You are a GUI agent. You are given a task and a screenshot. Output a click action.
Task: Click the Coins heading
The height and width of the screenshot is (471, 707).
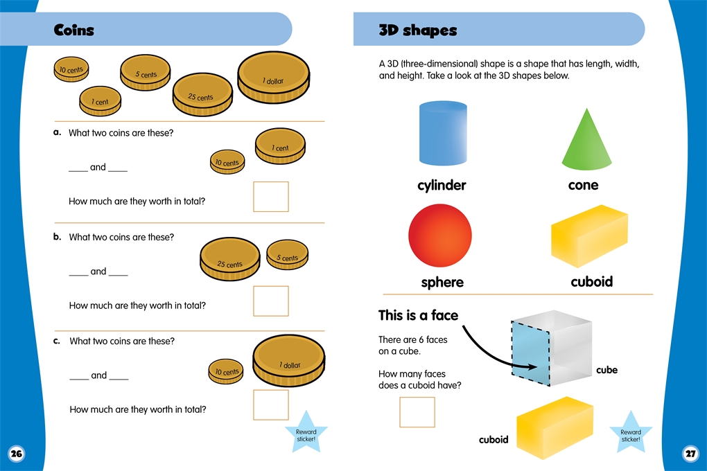[x=74, y=30]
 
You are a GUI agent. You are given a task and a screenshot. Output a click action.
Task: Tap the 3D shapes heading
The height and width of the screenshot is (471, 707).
[x=417, y=30]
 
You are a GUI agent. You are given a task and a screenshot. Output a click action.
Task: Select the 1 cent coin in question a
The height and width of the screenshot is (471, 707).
[x=281, y=146]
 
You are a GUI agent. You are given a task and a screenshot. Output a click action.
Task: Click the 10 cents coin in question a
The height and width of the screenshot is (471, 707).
[x=227, y=162]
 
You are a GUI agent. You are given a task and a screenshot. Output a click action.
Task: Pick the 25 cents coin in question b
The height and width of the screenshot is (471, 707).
[x=230, y=259]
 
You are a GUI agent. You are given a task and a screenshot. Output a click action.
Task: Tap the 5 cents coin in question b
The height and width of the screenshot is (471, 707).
[x=288, y=255]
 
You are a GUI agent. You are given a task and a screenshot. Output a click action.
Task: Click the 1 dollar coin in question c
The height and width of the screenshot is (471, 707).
[x=288, y=363]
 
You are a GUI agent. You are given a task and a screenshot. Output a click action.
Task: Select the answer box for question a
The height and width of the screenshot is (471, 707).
[x=271, y=197]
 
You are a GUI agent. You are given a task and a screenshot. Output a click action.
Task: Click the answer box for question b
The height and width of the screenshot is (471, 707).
[x=271, y=301]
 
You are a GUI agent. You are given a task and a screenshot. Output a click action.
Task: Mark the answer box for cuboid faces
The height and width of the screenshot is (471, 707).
[x=417, y=412]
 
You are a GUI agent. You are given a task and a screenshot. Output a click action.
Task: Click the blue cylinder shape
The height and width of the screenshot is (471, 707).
[x=443, y=133]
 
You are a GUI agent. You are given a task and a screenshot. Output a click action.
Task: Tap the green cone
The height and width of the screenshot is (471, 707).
[x=586, y=139]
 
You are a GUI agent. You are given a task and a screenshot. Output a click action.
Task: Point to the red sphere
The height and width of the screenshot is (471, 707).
[x=440, y=235]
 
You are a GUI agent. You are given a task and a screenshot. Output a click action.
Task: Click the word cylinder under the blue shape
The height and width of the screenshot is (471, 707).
[x=442, y=185]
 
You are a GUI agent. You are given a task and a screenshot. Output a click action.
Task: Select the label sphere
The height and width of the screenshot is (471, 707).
[x=442, y=282]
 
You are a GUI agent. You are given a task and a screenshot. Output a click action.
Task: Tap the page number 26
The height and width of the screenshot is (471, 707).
[x=16, y=454]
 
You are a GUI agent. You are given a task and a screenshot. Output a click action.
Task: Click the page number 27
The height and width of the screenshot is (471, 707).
[x=690, y=454]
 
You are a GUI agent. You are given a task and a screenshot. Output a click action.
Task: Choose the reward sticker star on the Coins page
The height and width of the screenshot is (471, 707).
[x=306, y=433]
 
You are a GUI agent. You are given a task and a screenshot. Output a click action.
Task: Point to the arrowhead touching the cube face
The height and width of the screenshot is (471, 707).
[x=532, y=366]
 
